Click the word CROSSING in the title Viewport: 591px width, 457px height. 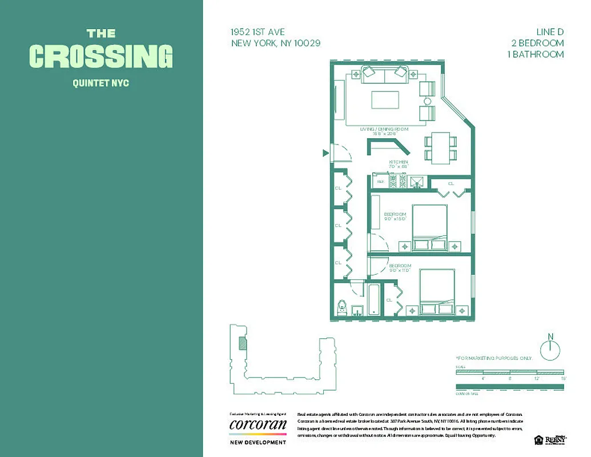(x=100, y=57)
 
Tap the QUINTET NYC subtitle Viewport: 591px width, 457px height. (x=100, y=83)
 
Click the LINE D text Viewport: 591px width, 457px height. (x=549, y=32)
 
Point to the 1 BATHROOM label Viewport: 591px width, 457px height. (x=535, y=54)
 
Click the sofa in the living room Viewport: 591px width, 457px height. (x=386, y=73)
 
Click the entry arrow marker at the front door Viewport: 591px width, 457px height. (x=325, y=153)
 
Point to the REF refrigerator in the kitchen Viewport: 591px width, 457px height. (x=380, y=181)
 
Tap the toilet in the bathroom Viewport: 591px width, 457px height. (x=343, y=307)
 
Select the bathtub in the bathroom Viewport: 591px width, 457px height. (x=375, y=299)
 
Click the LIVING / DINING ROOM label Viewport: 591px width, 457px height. (x=384, y=130)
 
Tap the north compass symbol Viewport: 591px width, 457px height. (x=550, y=348)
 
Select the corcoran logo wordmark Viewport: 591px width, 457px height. (x=258, y=425)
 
